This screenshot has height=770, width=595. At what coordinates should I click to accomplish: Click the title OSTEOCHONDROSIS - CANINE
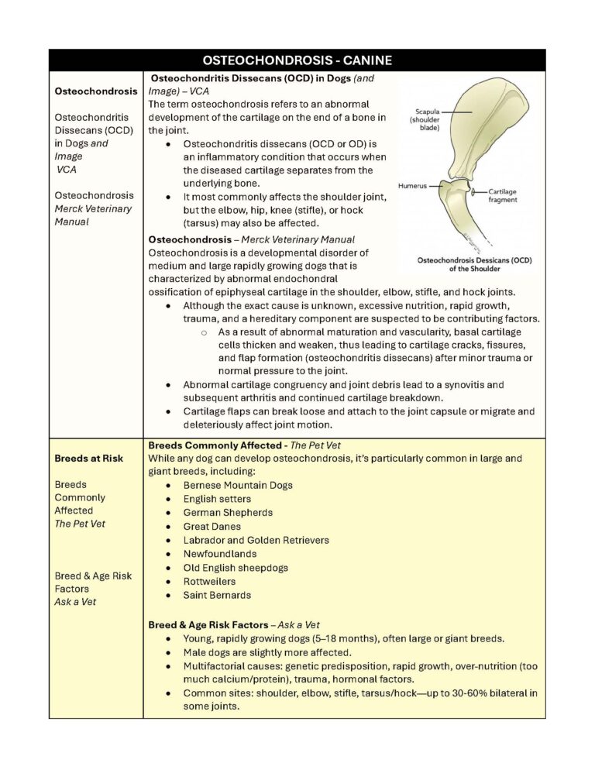[297, 60]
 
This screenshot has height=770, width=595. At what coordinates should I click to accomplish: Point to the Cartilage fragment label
[503, 195]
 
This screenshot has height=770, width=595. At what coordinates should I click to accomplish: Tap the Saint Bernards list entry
[217, 595]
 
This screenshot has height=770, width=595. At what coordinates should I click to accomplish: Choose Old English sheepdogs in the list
[236, 568]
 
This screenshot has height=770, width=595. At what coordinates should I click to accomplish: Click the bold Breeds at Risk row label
[88, 458]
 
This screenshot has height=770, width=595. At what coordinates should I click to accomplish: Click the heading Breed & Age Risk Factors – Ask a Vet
[233, 624]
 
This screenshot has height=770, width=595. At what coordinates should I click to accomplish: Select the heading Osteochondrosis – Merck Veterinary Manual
[251, 239]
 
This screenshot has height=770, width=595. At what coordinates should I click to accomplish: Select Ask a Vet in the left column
[75, 601]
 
